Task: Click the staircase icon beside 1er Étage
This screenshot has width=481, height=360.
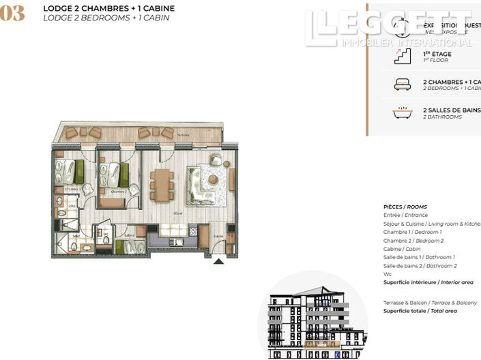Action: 402,57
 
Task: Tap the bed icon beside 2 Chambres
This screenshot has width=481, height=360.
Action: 402,85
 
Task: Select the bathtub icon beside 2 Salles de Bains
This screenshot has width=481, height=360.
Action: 402,112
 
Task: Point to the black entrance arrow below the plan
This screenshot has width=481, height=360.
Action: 218,260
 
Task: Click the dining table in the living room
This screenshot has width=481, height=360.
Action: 161,185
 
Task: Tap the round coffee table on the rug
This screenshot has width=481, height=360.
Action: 213,180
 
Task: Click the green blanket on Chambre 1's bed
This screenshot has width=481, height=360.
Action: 79,170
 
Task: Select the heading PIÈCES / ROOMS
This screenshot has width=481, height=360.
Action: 405,207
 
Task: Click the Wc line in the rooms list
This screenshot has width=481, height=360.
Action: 388,274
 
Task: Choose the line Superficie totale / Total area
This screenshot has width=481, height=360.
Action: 420,311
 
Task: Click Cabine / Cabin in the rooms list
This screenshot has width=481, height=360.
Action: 406,249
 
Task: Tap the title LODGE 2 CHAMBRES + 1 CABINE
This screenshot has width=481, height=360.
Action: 108,8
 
